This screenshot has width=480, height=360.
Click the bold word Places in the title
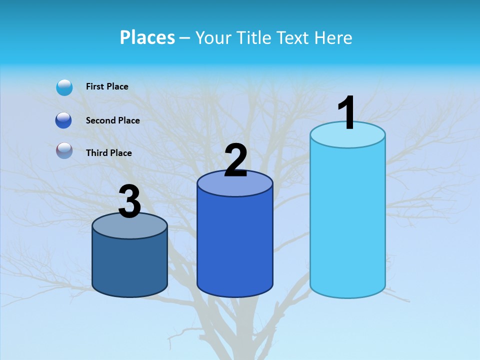(x=147, y=37)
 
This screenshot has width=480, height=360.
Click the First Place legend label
(x=107, y=86)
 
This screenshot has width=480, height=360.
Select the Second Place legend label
(x=112, y=120)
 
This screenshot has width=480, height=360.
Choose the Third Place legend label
(x=108, y=153)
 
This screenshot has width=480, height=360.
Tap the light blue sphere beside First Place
(x=64, y=87)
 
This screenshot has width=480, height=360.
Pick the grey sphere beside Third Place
(x=64, y=150)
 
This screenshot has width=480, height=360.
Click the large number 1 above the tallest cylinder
(x=346, y=113)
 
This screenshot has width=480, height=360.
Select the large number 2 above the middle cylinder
(x=235, y=160)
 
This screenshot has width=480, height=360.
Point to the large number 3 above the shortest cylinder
(x=130, y=201)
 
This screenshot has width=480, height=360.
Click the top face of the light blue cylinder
(x=347, y=135)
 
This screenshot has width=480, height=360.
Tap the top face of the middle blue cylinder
(x=235, y=184)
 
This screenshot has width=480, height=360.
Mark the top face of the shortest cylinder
(x=130, y=226)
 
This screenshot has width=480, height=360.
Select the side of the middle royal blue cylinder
(x=235, y=245)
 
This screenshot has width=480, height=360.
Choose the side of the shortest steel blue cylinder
(x=130, y=265)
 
